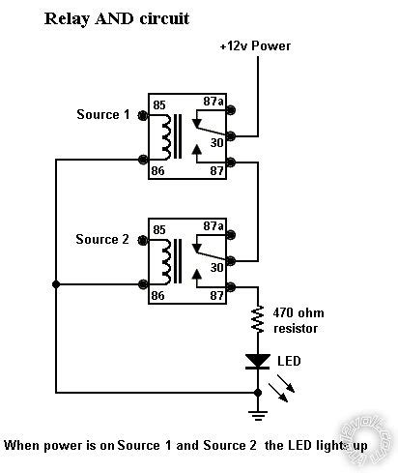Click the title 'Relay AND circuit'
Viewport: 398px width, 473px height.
point(117,18)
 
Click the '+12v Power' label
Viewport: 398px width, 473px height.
point(254,45)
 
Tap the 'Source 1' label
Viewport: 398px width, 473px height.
point(102,115)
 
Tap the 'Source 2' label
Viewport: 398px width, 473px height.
point(102,239)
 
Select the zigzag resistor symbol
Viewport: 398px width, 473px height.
point(258,320)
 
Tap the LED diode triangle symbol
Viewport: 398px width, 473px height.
point(258,361)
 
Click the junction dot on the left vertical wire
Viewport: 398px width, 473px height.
point(57,284)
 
